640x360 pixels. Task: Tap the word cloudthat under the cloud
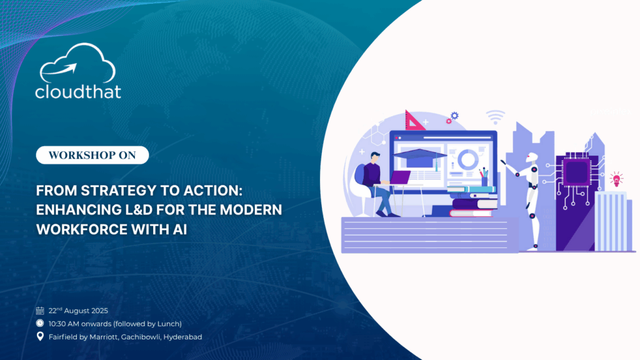coord(78,92)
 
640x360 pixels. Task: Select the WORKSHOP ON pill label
coord(92,155)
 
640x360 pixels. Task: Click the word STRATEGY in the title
coord(118,191)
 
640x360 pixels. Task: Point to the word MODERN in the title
coord(251,210)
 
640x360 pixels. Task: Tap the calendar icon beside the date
coord(40,311)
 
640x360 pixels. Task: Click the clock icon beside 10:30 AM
coord(40,323)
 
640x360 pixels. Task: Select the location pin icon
coord(40,336)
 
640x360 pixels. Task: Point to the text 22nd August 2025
coord(78,311)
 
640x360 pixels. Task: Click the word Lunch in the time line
coord(169,324)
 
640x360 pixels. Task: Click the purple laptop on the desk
coord(400,177)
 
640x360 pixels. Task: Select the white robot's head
coord(531,157)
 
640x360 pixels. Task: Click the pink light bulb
coord(616,179)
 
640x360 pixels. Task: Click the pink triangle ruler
coord(412,121)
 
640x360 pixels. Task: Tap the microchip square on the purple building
coord(576,172)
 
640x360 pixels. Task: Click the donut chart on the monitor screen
coord(467,159)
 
